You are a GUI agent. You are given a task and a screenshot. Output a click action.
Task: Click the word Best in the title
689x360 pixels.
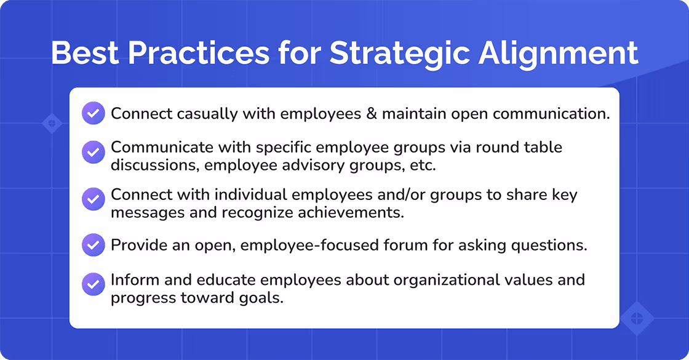(x=86, y=54)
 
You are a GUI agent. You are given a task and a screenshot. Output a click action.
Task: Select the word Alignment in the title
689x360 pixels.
(x=558, y=54)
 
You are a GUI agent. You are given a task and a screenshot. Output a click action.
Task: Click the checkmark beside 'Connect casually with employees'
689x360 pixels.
(x=93, y=114)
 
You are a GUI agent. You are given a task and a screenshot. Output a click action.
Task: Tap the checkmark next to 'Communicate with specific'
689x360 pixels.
(x=93, y=152)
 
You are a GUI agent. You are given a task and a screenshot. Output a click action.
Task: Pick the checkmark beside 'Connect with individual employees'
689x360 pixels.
(x=93, y=199)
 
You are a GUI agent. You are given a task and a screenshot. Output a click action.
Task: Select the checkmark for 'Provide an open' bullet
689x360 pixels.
(x=93, y=245)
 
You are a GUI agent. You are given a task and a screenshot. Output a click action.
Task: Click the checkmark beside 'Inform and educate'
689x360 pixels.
(x=93, y=284)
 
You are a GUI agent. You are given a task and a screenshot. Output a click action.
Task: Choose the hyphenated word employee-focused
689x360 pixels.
(x=311, y=245)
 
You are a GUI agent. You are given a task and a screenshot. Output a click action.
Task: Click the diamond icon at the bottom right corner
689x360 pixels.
(x=636, y=319)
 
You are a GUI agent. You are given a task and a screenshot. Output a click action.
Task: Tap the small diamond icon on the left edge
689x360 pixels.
(x=52, y=123)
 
